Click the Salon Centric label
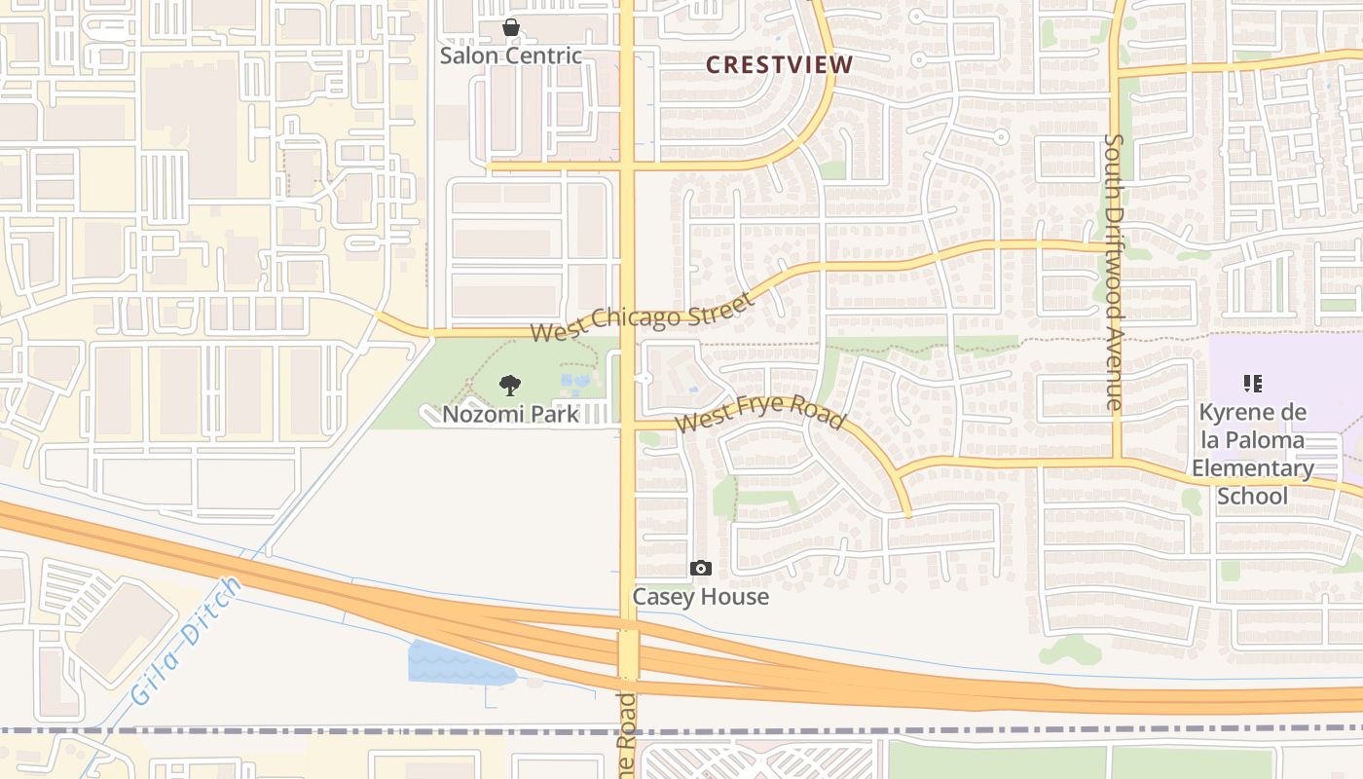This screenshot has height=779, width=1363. click(510, 56)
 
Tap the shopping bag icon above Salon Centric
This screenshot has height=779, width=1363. click(510, 27)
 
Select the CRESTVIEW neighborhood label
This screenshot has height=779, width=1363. click(779, 65)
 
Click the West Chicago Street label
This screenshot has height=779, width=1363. click(643, 316)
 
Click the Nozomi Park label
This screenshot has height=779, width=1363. click(510, 414)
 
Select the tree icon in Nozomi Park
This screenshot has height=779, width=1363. click(509, 386)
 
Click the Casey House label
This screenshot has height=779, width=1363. click(701, 596)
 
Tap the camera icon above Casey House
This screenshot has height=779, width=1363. click(700, 568)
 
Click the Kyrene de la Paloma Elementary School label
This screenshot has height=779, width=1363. click(1253, 455)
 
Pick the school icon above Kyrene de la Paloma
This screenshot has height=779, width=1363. click(1253, 384)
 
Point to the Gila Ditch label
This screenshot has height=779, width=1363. click(185, 641)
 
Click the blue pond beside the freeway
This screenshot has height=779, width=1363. click(458, 664)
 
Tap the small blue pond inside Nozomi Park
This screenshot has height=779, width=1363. click(574, 382)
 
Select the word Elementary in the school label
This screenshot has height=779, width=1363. click(1253, 468)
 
